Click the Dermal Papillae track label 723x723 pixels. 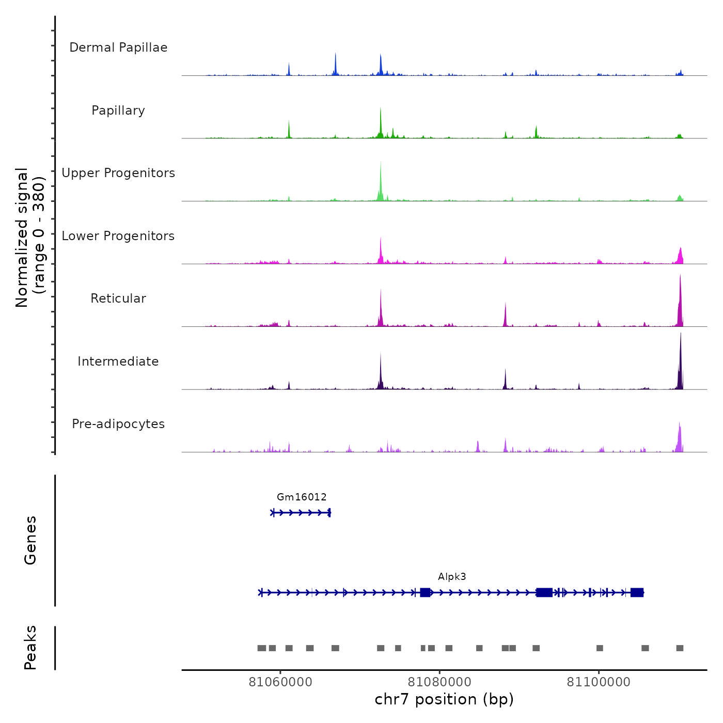118,48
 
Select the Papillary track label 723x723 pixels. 118,111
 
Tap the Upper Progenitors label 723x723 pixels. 118,173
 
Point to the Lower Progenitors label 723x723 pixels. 118,236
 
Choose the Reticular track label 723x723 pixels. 118,298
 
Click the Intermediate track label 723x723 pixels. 118,361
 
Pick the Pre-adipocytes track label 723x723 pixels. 118,424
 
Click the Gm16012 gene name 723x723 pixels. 302,497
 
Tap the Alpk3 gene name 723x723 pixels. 452,577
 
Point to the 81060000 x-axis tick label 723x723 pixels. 280,682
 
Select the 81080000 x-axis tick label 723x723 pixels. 439,682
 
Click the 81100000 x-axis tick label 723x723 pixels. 599,682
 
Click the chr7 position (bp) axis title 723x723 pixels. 444,699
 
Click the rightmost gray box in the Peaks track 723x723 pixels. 680,648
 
